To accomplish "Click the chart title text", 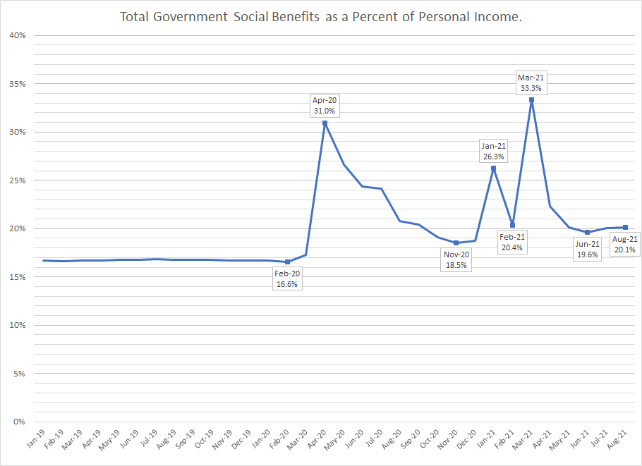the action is tap(320, 17).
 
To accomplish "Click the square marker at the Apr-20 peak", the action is tap(325, 123).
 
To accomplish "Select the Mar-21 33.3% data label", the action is tap(531, 82).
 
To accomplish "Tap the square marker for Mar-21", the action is tap(531, 100).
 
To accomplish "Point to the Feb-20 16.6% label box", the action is tap(287, 278).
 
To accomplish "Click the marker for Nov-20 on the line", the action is tap(456, 243).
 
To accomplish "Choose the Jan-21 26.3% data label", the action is tap(493, 151).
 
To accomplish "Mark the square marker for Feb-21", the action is tap(512, 225).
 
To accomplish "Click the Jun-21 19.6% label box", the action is tap(588, 249).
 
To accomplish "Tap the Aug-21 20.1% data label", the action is tap(625, 244).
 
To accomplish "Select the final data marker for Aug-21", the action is tap(625, 228).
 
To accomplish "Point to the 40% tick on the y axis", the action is tap(18, 35).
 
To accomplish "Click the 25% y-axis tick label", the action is tap(18, 180).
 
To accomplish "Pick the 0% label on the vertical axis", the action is tap(19, 422).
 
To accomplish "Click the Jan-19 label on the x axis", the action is tap(36, 439).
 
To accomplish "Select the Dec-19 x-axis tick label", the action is tap(241, 439).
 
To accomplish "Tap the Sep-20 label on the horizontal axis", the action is tap(410, 439).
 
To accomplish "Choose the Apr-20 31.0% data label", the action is tap(325, 106).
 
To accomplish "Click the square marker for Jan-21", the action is tap(493, 168).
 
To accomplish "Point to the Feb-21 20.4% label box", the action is tap(512, 243).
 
